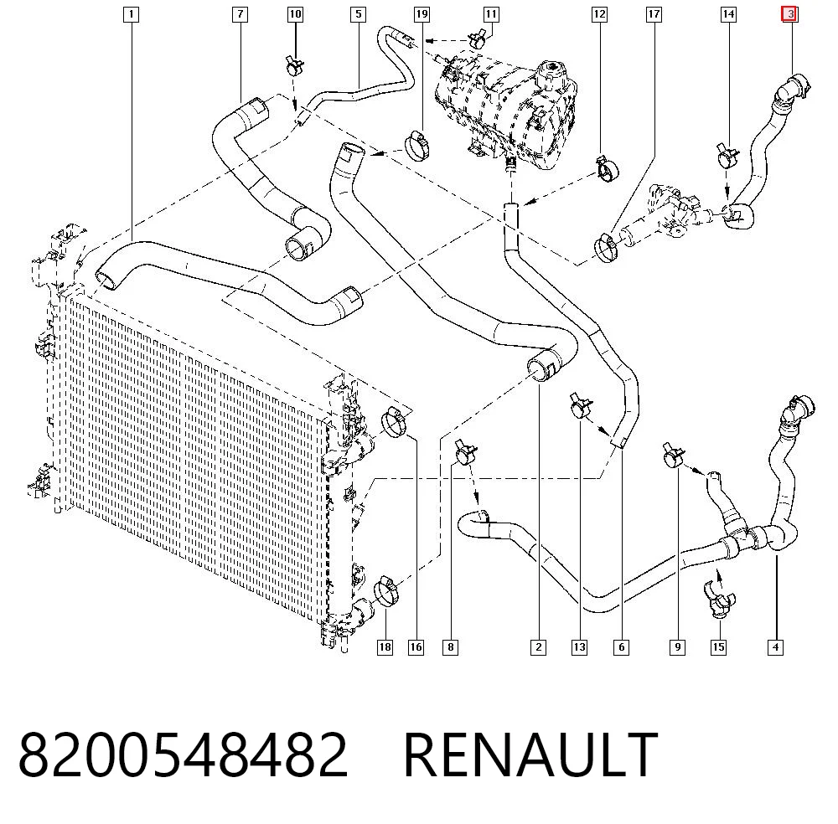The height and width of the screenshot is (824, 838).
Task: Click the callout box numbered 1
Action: pos(131,14)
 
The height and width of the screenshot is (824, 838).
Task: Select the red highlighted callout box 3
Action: pos(790,14)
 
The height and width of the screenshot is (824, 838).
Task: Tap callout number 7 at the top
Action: pos(240,14)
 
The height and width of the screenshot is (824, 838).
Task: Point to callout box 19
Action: pos(422,14)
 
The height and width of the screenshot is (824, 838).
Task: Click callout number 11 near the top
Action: pos(490,14)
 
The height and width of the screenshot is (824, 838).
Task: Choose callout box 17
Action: pos(654,14)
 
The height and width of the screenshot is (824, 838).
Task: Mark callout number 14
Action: pos(728,14)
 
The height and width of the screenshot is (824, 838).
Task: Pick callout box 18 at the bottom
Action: pos(385,647)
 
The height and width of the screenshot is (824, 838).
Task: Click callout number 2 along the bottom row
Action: pos(538,647)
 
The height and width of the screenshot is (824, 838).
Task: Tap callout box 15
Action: pos(718,647)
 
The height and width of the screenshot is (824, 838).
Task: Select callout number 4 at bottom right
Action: pos(775,647)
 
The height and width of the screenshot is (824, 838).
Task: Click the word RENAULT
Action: pos(530,754)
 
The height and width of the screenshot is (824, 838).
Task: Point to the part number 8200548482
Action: pos(183,754)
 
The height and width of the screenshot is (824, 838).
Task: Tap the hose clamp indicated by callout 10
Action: pos(294,66)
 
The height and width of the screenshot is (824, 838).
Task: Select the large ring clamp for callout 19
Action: pos(417,145)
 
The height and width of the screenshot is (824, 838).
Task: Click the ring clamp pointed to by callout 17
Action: pos(606,247)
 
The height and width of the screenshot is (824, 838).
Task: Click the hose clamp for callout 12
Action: pos(608,167)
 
